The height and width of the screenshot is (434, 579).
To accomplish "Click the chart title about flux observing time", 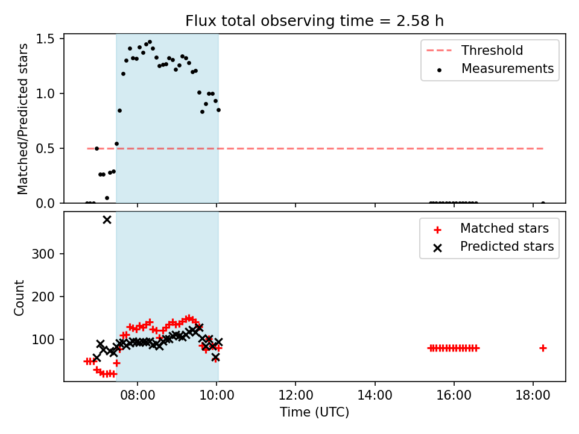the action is [314, 21].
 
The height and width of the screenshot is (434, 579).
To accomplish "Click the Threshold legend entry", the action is [475, 50].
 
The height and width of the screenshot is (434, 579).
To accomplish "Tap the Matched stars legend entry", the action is [491, 228].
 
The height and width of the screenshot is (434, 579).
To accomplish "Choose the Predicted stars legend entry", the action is [494, 247].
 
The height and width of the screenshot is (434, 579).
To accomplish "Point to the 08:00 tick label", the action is [138, 395].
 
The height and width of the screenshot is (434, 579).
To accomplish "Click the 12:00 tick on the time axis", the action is [296, 395].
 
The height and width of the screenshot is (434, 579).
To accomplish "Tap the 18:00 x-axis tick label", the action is [533, 395].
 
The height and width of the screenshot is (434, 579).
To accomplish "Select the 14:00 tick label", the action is [375, 395].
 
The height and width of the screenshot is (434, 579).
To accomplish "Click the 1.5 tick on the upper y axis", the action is [45, 39].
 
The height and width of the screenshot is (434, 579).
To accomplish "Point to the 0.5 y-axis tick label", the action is [45, 148].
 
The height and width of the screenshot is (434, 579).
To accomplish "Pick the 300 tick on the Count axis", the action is [43, 254].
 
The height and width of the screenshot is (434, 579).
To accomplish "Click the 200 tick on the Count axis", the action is [43, 297].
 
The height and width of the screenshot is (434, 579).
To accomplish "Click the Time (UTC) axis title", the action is [314, 412].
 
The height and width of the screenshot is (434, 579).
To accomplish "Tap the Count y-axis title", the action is [19, 298].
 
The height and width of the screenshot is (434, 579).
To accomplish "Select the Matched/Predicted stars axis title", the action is [22, 119].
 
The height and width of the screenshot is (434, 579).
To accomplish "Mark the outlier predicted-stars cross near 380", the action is [107, 220].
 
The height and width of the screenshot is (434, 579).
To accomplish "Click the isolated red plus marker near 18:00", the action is [543, 348].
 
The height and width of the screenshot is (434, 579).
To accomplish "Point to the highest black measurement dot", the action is [150, 42].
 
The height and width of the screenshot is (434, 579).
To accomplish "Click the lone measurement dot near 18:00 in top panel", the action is [543, 203].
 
